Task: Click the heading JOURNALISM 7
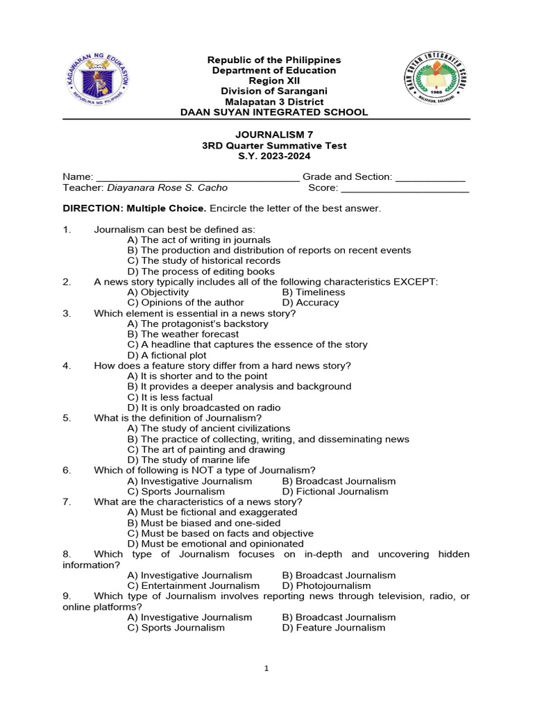266,135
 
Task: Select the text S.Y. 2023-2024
266,156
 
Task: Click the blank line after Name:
198,178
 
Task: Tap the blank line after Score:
405,188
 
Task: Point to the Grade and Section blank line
430,178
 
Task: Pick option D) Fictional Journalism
335,492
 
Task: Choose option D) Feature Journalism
333,628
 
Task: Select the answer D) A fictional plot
167,355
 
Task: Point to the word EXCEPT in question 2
416,281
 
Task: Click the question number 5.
67,418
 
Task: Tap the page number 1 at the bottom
266,669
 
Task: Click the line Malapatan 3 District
266,102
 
